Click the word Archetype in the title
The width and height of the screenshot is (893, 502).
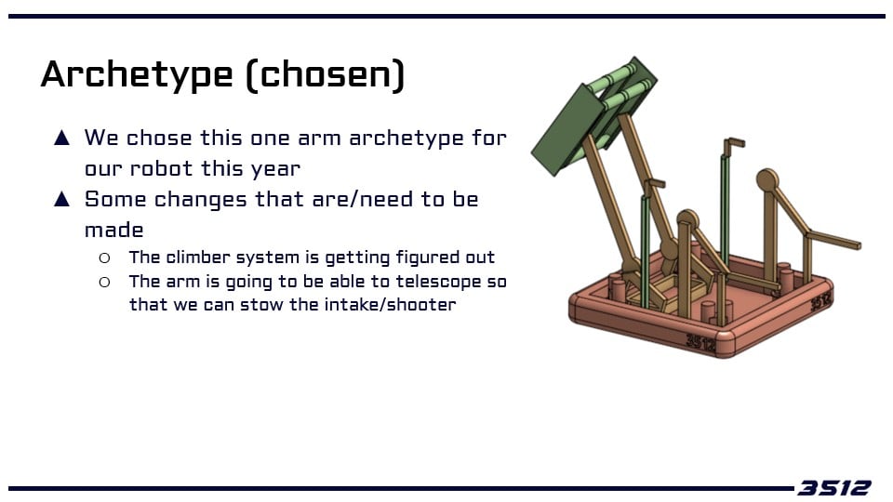point(138,74)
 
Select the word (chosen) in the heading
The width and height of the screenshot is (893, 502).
point(326,74)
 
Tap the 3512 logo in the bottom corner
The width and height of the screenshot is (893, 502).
point(833,488)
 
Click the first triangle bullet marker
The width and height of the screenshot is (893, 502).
point(61,138)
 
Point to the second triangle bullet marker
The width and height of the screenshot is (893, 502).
point(61,199)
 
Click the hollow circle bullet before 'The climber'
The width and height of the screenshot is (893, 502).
point(104,258)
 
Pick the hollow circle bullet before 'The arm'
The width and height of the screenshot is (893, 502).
point(104,282)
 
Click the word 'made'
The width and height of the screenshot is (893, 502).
point(113,230)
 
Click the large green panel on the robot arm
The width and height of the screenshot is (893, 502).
point(566,130)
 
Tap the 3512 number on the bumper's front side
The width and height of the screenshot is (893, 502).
point(700,342)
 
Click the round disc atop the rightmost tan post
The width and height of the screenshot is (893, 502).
point(767,180)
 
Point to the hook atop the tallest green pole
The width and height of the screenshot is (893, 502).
point(734,144)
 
